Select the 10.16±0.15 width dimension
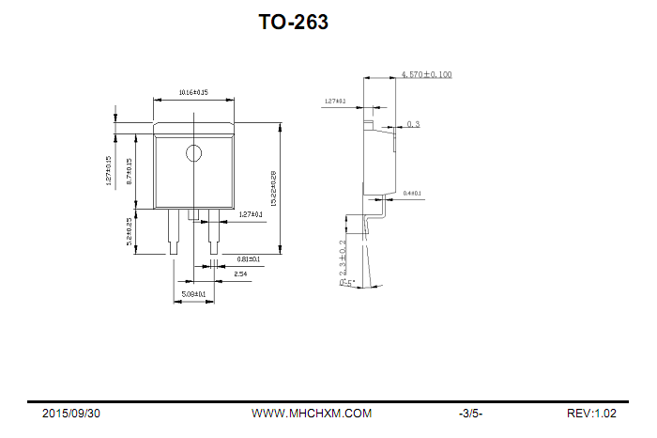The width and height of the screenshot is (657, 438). pyautogui.click(x=193, y=93)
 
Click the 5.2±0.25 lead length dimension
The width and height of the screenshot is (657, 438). pyautogui.click(x=129, y=231)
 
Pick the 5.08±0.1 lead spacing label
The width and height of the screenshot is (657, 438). pyautogui.click(x=193, y=294)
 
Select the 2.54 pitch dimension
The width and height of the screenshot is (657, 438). pyautogui.click(x=240, y=274)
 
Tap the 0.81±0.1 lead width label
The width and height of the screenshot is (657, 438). pyautogui.click(x=249, y=258)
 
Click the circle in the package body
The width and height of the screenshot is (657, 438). pyautogui.click(x=193, y=153)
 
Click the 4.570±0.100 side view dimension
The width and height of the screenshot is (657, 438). pyautogui.click(x=426, y=74)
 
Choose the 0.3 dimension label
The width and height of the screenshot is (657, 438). pyautogui.click(x=413, y=124)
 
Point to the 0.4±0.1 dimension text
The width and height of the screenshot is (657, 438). pyautogui.click(x=412, y=194)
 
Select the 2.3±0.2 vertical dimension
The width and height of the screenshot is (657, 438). pyautogui.click(x=343, y=258)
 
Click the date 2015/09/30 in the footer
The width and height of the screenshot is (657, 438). pyautogui.click(x=71, y=414)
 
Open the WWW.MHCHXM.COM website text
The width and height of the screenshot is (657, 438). pyautogui.click(x=312, y=414)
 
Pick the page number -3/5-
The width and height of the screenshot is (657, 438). pyautogui.click(x=470, y=414)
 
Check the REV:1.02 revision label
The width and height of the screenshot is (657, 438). pyautogui.click(x=591, y=414)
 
